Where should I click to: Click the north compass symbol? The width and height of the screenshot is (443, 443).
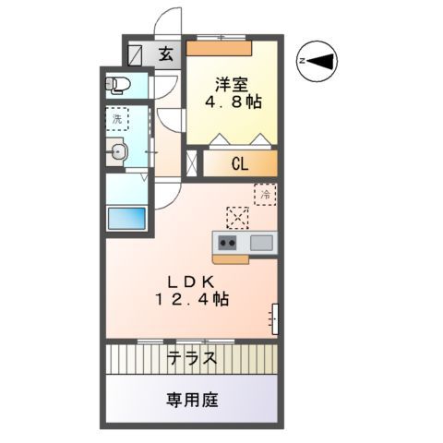click(x=317, y=61)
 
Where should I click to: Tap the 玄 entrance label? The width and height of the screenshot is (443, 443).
click(x=166, y=54)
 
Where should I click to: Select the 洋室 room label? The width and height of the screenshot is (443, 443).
click(x=231, y=81)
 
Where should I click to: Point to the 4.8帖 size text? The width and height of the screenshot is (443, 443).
click(x=231, y=102)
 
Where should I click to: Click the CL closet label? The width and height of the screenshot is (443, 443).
click(x=239, y=165)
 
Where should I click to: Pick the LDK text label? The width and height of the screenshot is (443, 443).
click(x=192, y=281)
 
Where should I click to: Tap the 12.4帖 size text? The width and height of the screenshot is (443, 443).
click(x=192, y=299)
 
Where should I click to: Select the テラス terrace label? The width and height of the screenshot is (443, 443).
click(x=192, y=358)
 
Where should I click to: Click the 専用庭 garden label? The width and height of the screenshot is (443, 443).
click(x=192, y=401)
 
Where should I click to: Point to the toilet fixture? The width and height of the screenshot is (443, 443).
click(x=119, y=86)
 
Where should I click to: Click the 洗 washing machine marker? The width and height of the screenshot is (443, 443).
click(x=117, y=119)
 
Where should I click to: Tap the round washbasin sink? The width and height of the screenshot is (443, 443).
click(x=116, y=154)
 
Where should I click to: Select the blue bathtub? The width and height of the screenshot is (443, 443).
click(x=126, y=219)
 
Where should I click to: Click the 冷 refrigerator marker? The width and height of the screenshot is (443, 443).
click(x=265, y=195)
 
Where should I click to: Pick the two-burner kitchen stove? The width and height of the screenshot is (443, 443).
click(x=227, y=243)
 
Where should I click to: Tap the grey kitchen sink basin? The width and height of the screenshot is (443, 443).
click(x=260, y=243)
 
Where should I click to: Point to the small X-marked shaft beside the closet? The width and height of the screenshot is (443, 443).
click(x=192, y=165)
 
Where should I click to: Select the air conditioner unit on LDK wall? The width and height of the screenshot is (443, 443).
click(x=275, y=316)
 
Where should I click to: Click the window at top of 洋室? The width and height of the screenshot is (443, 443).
click(x=221, y=38)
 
